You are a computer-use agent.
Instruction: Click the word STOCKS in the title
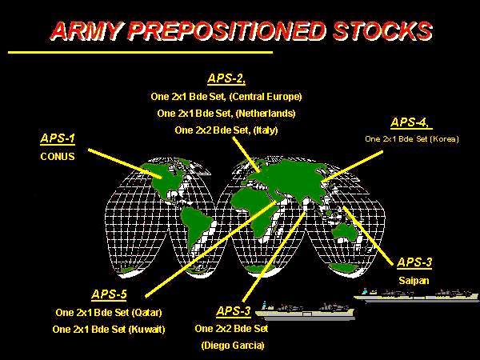tap(382, 31)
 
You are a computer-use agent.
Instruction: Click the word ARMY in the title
tap(88, 31)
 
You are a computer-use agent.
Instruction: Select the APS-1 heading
tap(58, 138)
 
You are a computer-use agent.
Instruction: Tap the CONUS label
tap(58, 157)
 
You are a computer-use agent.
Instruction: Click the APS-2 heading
tap(226, 78)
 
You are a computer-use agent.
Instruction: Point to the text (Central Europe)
tap(266, 97)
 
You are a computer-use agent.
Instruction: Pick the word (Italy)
tap(266, 130)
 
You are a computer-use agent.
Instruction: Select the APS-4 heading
tap(411, 122)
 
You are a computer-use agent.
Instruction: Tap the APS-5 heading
tap(109, 294)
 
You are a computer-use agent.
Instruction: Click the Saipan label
tap(414, 281)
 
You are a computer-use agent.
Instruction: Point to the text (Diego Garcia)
tap(233, 346)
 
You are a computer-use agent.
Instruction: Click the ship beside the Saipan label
tap(416, 295)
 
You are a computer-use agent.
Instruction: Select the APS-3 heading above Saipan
tap(414, 262)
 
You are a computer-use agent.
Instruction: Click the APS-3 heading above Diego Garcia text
tap(234, 311)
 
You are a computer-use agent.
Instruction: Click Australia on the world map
tap(344, 232)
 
